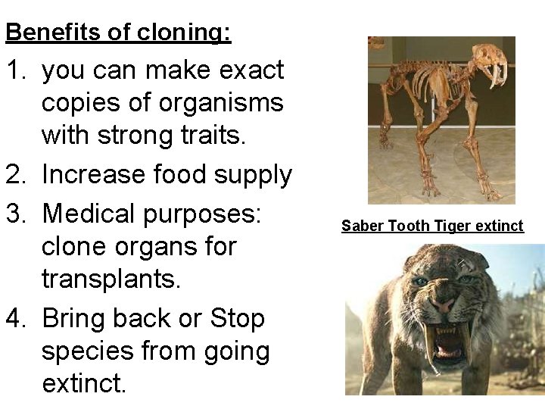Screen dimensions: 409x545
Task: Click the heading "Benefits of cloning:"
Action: [118, 33]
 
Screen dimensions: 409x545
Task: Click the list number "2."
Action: [18, 175]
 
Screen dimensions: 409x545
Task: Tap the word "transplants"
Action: [111, 279]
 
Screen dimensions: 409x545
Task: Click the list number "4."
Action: [18, 318]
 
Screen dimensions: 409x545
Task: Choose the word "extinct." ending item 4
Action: [84, 384]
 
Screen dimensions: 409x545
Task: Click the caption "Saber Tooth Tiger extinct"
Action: [432, 226]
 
